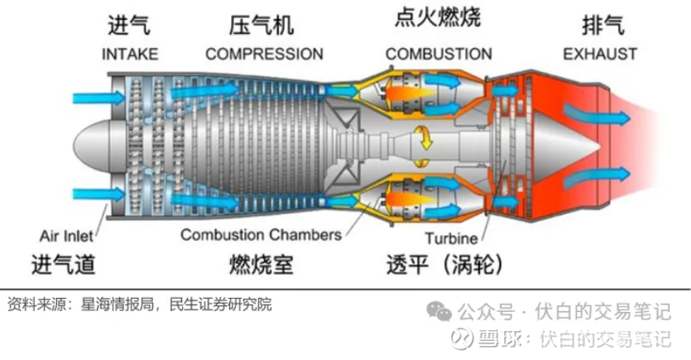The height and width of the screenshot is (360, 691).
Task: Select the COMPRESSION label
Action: [x=264, y=55]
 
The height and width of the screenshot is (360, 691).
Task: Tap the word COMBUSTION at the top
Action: [x=439, y=55]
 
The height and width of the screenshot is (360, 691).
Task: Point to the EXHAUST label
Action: [x=600, y=55]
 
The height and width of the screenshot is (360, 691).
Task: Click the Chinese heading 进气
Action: [x=129, y=26]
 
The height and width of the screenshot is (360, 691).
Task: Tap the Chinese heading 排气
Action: [x=600, y=26]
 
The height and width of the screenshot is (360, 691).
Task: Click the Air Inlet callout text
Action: [x=67, y=235]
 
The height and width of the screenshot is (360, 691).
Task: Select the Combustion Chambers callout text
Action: [x=261, y=234]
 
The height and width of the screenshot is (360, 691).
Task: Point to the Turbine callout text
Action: [x=452, y=240]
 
